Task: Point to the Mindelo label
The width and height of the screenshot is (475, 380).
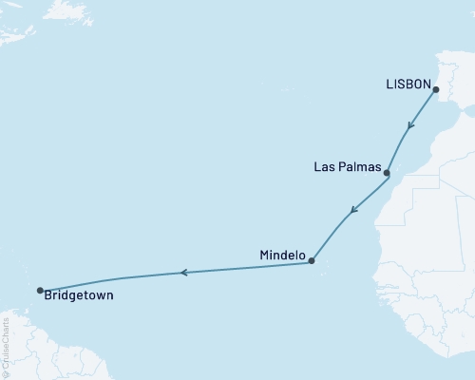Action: (282, 256)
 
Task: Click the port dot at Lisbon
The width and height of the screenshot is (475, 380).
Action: (436, 90)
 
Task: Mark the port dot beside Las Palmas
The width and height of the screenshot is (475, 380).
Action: (387, 174)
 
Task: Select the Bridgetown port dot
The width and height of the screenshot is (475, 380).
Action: (39, 291)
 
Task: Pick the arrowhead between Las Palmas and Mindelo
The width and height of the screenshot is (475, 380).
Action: (352, 211)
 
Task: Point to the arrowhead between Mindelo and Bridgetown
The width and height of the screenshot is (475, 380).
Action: (184, 273)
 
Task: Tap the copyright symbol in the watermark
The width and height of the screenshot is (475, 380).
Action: (7, 374)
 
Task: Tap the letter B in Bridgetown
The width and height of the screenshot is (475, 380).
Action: (48, 296)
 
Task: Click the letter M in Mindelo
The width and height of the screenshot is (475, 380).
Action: (264, 256)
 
